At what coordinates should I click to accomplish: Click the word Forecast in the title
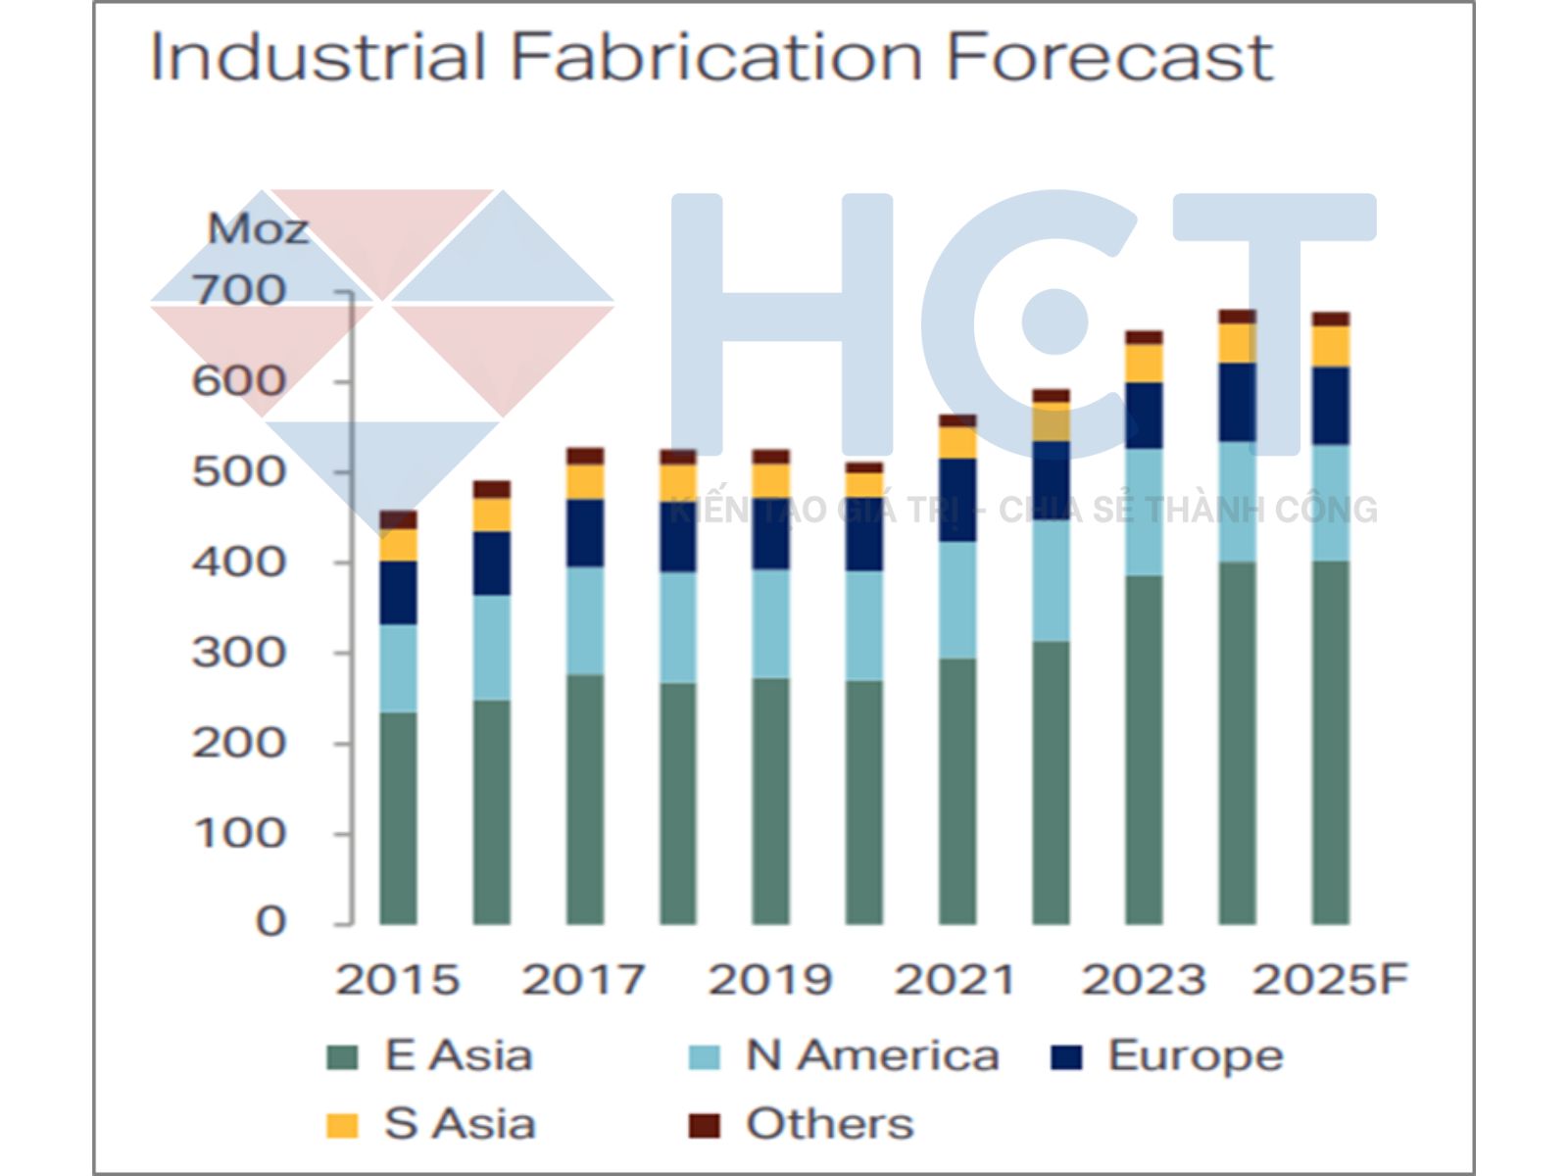pyautogui.click(x=1107, y=57)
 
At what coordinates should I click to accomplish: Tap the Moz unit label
pyautogui.click(x=258, y=229)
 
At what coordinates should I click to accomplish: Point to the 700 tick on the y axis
pyautogui.click(x=239, y=290)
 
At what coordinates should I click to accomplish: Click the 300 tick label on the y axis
pyautogui.click(x=239, y=653)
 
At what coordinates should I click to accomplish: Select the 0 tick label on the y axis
pyautogui.click(x=270, y=922)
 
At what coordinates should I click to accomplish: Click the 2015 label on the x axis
pyautogui.click(x=397, y=980)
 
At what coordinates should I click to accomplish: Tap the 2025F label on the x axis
pyautogui.click(x=1330, y=980)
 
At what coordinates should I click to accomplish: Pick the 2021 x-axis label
pyautogui.click(x=955, y=980)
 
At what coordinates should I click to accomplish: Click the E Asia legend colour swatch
pyautogui.click(x=342, y=1057)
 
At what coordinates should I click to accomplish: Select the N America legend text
pyautogui.click(x=872, y=1056)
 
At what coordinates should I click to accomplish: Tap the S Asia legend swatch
pyautogui.click(x=342, y=1125)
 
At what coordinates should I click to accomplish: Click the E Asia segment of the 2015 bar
pyautogui.click(x=398, y=818)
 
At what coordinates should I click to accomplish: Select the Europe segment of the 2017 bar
pyautogui.click(x=585, y=533)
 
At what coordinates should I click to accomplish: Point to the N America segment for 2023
pyautogui.click(x=1144, y=512)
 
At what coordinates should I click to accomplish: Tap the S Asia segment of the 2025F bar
pyautogui.click(x=1331, y=347)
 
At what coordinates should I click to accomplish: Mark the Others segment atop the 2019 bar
pyautogui.click(x=771, y=457)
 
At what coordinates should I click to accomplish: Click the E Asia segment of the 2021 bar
pyautogui.click(x=957, y=791)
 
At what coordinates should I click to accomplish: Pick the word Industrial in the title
pyautogui.click(x=318, y=57)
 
